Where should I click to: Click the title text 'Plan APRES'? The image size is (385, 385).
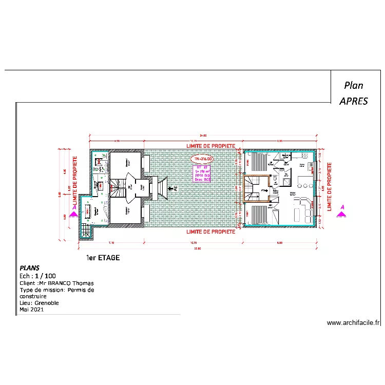354,93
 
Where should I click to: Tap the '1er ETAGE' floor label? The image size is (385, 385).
103,258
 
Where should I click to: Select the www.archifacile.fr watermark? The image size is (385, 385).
354,323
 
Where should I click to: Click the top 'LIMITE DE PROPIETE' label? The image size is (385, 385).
210,146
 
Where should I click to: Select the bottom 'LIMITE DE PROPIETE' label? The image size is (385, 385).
210,232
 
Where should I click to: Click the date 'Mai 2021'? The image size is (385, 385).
32,310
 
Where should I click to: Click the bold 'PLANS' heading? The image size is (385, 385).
29,268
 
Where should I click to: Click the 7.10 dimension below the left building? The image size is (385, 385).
110,242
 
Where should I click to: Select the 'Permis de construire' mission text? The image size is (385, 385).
56,293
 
